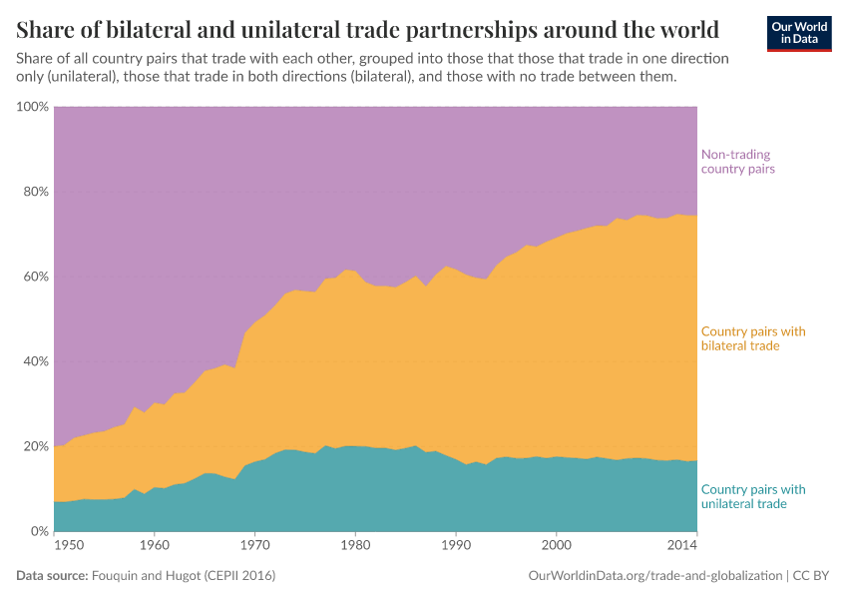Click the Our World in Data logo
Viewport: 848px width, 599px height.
[798, 33]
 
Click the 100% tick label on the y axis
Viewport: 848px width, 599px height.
[33, 107]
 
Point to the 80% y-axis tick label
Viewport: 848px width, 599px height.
[35, 192]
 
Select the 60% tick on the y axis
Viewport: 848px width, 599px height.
[35, 277]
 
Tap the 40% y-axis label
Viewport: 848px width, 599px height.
[35, 361]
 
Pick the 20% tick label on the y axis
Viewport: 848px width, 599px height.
[35, 446]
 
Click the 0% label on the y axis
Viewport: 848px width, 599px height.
[39, 531]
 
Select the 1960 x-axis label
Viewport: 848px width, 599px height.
[154, 546]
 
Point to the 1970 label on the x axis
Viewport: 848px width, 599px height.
[254, 546]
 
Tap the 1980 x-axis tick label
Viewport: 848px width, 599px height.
[355, 546]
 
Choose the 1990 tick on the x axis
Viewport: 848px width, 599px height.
[455, 546]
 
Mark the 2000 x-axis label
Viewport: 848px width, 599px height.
[556, 546]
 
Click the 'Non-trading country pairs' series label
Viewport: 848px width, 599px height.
[738, 162]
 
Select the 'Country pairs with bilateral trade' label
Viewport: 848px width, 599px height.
[753, 338]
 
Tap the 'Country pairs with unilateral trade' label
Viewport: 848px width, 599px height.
[753, 496]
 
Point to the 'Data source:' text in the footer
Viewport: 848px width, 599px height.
[52, 576]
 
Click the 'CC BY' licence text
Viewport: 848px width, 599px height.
[812, 576]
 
